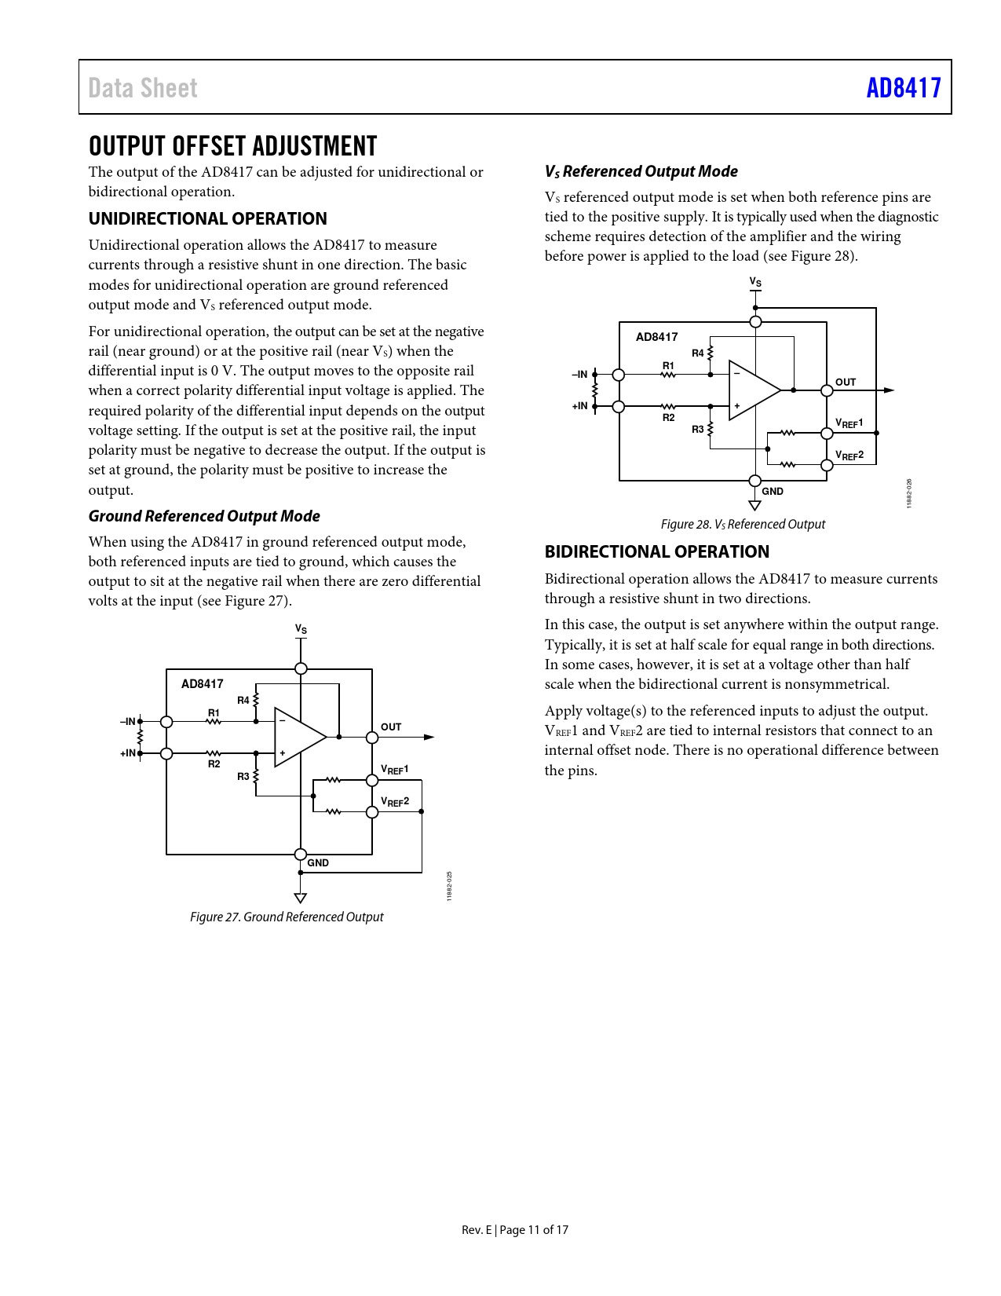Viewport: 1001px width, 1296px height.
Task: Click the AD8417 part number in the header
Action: click(903, 88)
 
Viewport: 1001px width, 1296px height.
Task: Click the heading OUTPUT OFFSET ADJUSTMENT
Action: click(232, 146)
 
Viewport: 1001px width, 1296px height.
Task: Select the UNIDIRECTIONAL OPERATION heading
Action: click(207, 218)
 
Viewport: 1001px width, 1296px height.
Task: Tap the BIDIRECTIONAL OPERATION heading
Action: click(656, 551)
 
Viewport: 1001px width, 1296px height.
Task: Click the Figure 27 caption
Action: click(287, 917)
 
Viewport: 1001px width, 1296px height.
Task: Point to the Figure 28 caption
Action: click(743, 524)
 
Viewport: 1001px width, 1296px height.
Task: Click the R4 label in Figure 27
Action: click(243, 700)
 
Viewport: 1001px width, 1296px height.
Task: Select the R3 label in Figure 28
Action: click(698, 429)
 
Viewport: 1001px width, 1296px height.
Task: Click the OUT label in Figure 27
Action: click(391, 727)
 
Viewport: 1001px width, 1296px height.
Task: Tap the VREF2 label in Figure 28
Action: click(849, 455)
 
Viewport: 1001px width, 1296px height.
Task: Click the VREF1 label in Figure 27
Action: click(394, 769)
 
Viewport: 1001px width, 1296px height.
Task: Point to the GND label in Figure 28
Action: click(773, 491)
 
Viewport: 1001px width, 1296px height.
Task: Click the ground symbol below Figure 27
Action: click(300, 897)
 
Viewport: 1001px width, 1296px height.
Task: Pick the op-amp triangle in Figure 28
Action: click(752, 390)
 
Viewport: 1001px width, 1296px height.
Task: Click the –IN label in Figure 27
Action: click(127, 721)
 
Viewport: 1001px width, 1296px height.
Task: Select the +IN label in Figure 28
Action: click(579, 406)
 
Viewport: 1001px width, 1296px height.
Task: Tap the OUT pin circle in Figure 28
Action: click(827, 390)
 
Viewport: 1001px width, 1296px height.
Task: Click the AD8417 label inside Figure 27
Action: click(203, 683)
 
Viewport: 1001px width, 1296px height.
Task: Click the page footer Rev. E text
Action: click(476, 1229)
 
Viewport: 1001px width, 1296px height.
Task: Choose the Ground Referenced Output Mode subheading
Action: click(204, 516)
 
